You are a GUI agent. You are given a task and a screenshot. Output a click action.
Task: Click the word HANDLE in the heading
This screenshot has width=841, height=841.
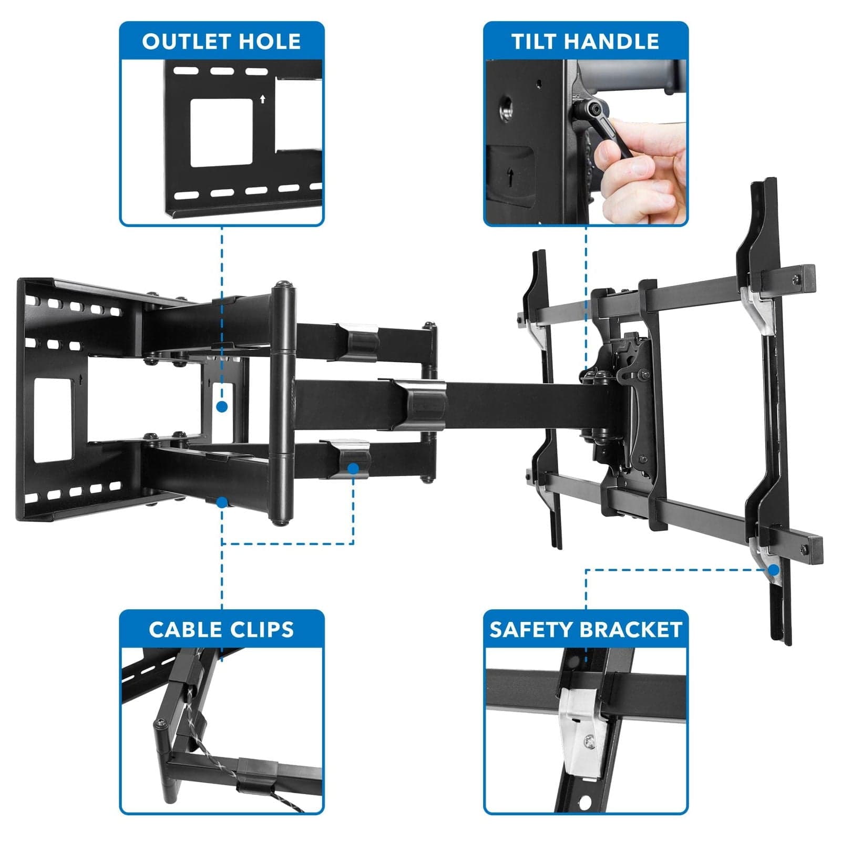click(x=611, y=42)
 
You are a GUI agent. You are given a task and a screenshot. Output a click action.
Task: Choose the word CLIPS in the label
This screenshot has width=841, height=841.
click(x=263, y=629)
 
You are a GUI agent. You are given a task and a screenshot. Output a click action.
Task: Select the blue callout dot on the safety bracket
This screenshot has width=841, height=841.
click(x=773, y=570)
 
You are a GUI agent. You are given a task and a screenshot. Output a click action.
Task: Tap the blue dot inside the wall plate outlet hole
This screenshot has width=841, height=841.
click(x=222, y=406)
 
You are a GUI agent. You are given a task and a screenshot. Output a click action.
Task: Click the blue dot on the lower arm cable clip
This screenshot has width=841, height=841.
click(x=353, y=468)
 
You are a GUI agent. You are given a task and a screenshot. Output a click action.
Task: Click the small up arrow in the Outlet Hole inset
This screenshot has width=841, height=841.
click(x=263, y=99)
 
